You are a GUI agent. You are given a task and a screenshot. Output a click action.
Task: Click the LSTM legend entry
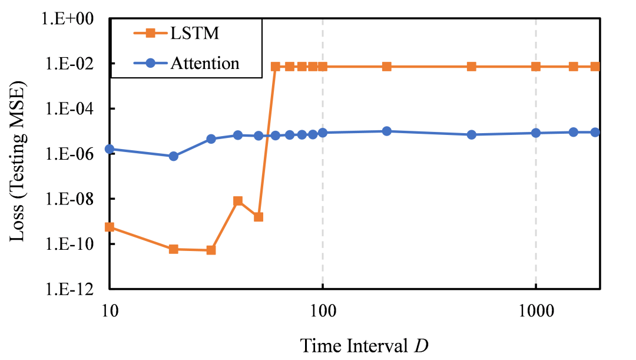point(195,33)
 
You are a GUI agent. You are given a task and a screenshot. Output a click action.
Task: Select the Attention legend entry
point(204,63)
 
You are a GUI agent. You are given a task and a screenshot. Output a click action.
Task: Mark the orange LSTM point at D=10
point(110,227)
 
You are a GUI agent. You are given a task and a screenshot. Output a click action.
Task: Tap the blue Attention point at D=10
point(110,149)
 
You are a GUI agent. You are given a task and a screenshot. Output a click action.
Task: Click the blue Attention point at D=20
point(174,156)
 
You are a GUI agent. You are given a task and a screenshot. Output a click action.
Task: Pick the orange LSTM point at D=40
point(238,201)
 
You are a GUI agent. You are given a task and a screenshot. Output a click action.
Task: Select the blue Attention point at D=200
point(387,131)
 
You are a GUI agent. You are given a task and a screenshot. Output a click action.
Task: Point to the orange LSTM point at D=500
point(472,67)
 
